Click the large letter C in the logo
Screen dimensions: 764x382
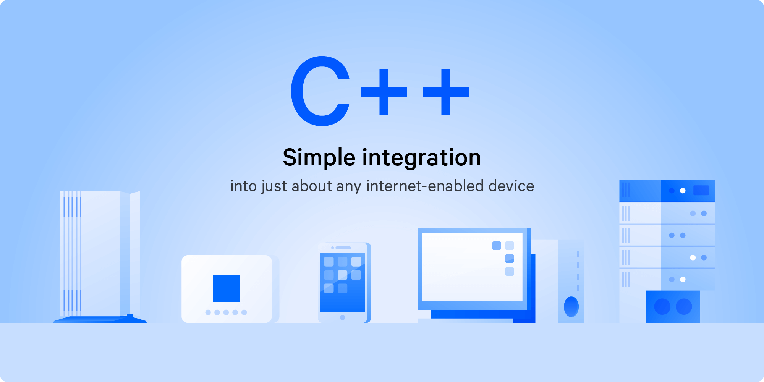pyautogui.click(x=302, y=91)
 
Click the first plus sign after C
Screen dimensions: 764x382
pyautogui.click(x=384, y=92)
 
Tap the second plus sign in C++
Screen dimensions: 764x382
pyautogui.click(x=446, y=92)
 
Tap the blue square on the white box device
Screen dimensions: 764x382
pyautogui.click(x=227, y=288)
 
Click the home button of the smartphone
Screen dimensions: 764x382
pyautogui.click(x=342, y=317)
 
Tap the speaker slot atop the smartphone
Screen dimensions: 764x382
pyautogui.click(x=343, y=248)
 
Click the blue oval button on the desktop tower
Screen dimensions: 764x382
pyautogui.click(x=571, y=306)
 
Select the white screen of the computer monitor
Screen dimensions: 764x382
pyautogui.click(x=472, y=267)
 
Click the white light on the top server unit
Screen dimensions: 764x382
pyautogui.click(x=683, y=191)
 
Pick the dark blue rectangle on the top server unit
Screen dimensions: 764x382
pyautogui.click(x=701, y=190)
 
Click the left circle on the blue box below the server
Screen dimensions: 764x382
pyautogui.click(x=662, y=306)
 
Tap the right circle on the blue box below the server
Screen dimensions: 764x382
pyautogui.click(x=684, y=306)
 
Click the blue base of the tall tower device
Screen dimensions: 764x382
pyautogui.click(x=100, y=319)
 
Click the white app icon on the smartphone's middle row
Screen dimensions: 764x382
pyautogui.click(x=343, y=275)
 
